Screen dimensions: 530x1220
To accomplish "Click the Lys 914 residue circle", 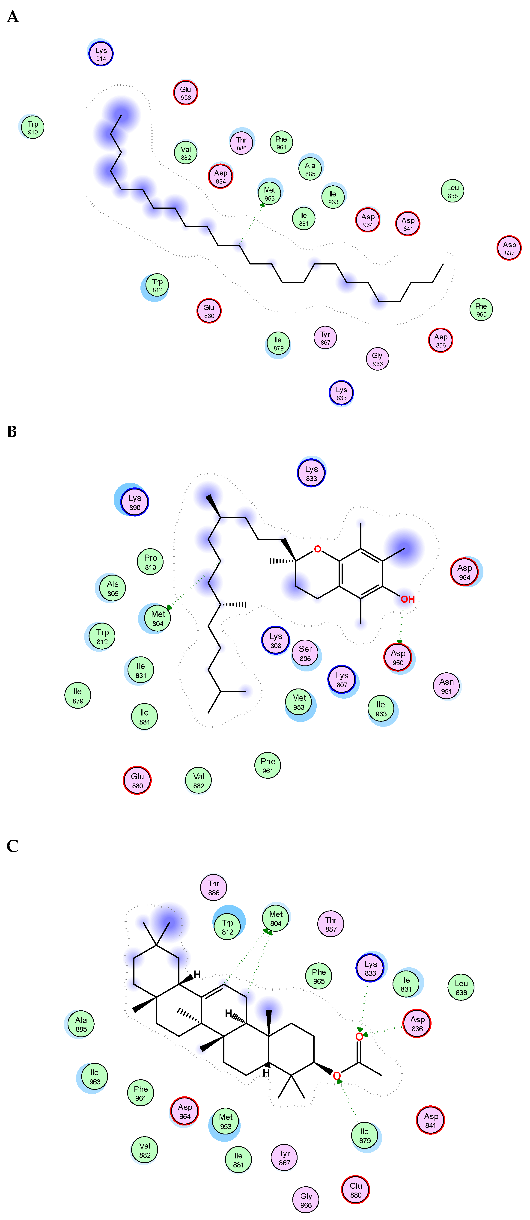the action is (x=101, y=54).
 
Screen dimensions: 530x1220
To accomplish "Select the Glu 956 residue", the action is (x=186, y=93).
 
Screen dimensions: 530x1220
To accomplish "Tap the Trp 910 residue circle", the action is (x=33, y=128).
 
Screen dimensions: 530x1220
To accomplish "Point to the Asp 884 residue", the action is (x=221, y=176).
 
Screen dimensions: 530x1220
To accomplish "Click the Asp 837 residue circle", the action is (x=509, y=248).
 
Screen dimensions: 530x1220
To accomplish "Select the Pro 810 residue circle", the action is (x=151, y=562).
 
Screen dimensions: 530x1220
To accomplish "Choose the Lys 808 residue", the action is (x=276, y=640).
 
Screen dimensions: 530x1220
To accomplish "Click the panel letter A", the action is (x=13, y=17).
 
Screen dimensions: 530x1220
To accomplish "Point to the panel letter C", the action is (x=12, y=846).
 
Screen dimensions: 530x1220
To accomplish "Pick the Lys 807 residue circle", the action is (x=342, y=680).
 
